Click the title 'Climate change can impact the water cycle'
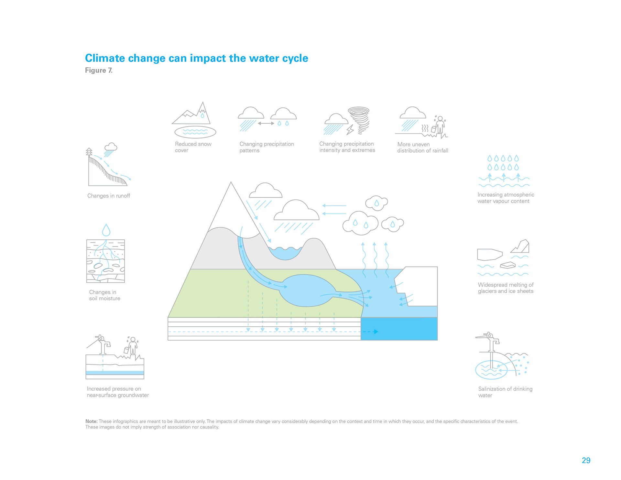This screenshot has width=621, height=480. [196, 58]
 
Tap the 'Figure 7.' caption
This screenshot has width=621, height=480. [99, 71]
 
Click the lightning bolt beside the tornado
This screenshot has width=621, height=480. [350, 130]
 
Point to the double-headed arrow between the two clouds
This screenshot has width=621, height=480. [266, 123]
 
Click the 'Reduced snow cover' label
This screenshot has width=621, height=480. [193, 147]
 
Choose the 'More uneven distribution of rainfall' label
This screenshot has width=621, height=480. [423, 147]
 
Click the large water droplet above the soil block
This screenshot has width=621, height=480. [106, 230]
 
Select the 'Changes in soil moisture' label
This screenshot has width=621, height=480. [104, 295]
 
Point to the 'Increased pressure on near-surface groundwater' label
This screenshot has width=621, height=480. [118, 392]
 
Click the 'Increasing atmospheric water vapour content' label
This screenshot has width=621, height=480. [506, 198]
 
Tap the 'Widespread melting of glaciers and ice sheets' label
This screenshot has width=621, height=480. [506, 288]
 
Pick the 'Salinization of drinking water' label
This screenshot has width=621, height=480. [505, 392]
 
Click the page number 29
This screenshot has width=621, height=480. [586, 461]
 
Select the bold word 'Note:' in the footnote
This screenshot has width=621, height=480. [92, 421]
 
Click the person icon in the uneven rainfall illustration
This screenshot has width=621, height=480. [440, 125]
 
